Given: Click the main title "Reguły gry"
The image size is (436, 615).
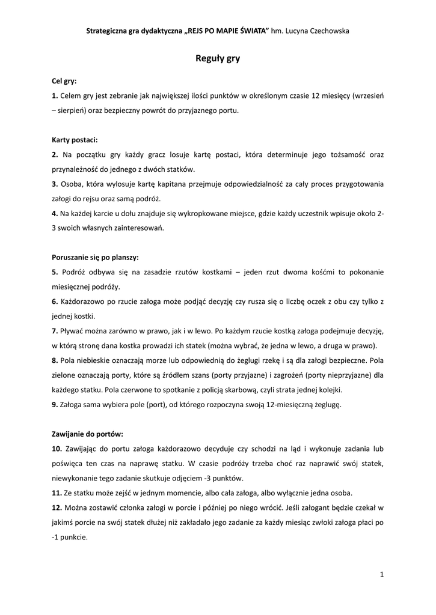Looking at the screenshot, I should [x=218, y=59].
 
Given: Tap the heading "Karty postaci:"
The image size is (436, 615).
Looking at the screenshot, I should [x=75, y=139].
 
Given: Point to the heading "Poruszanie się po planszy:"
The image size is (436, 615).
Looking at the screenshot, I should [x=95, y=257].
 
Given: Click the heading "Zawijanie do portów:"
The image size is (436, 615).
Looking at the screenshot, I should [x=87, y=434].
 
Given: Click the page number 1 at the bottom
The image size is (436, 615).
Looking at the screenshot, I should [x=382, y=575].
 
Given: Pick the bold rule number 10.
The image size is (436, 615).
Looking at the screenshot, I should [x=57, y=449].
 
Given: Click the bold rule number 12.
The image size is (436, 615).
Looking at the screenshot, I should [x=57, y=507].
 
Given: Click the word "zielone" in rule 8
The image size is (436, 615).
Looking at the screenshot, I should [x=64, y=375].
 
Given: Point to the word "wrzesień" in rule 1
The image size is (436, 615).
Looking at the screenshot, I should [x=369, y=95].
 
